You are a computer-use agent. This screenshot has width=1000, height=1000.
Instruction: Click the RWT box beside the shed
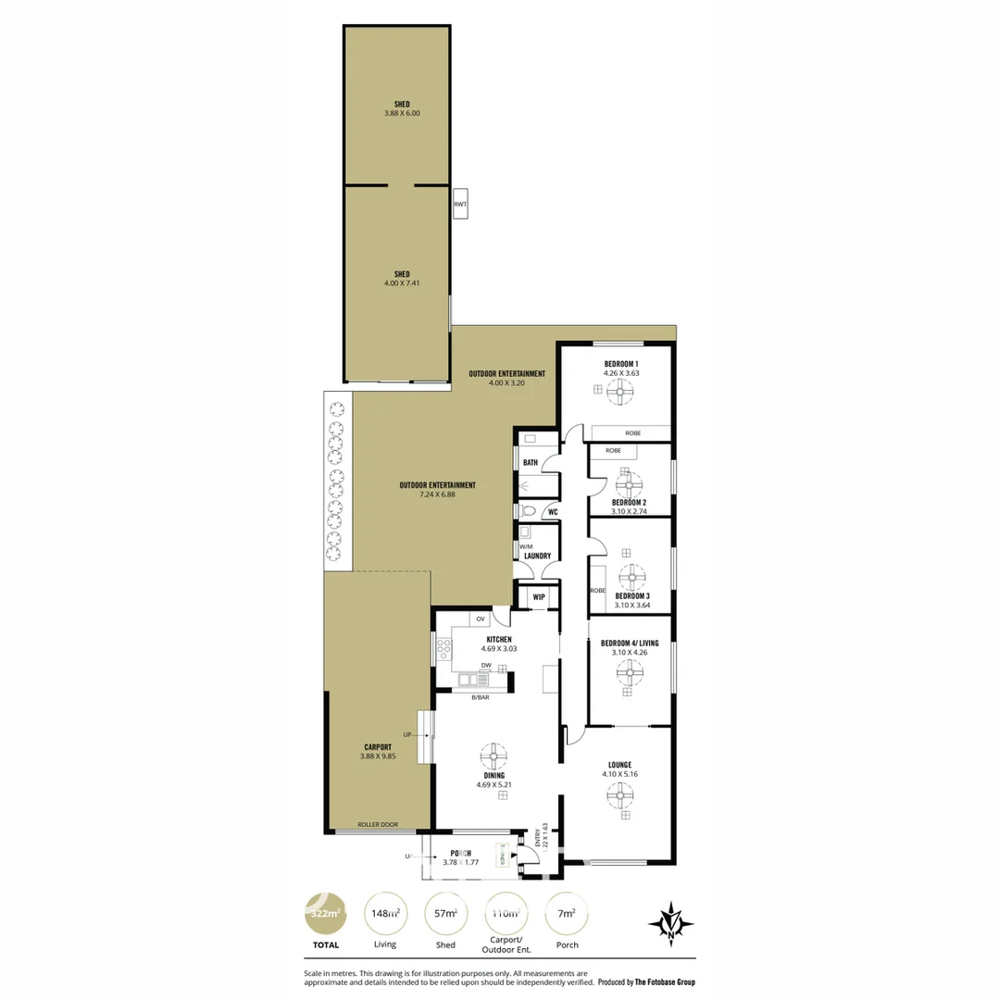[x=461, y=204]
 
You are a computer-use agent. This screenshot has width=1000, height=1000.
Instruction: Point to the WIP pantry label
[x=539, y=597]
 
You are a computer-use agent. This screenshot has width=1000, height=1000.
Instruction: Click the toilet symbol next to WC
[x=529, y=510]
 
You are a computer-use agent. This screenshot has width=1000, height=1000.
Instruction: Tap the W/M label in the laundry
[x=526, y=546]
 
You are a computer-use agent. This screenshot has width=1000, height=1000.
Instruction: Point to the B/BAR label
[x=480, y=697]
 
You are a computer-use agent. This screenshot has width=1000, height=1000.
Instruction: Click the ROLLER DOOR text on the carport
[x=378, y=824]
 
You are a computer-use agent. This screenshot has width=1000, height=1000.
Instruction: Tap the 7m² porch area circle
[x=567, y=913]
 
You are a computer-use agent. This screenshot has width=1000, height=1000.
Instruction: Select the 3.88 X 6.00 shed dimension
[x=402, y=114]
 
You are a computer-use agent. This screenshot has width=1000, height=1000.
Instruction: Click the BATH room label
[x=531, y=463]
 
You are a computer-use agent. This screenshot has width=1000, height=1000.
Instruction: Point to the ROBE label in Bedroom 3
[x=597, y=590]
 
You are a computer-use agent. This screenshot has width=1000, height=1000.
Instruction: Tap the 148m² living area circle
[x=385, y=913]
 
